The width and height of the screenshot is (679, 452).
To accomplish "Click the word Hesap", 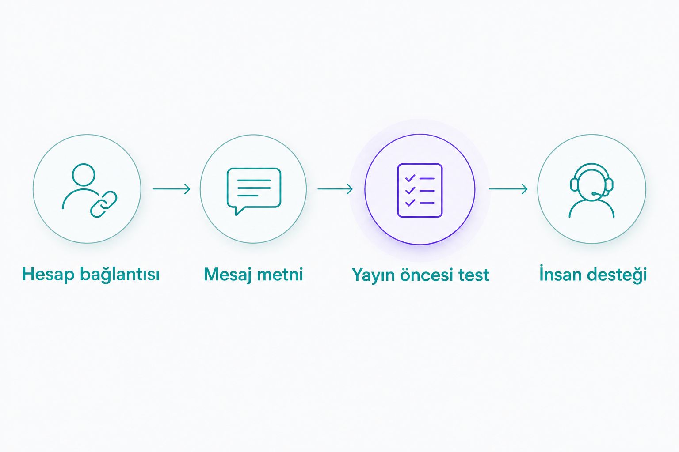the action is (48, 275).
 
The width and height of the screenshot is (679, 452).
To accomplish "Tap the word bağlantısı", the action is (120, 275).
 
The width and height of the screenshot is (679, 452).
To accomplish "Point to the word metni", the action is (280, 275).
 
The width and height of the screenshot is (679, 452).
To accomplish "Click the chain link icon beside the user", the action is (104, 204).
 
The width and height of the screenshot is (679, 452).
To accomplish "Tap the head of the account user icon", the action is (84, 175).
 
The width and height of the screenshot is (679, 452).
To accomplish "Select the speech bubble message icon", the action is (254, 191).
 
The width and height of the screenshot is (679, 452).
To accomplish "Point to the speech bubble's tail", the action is (238, 211).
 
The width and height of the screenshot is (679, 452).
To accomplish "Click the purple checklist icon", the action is (420, 190).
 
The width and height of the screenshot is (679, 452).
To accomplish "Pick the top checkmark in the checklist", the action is (410, 178).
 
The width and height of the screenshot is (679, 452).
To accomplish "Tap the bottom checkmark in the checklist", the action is (410, 203).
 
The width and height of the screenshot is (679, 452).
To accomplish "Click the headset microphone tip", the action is (593, 193).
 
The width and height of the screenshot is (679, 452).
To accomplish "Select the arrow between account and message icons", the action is (171, 189).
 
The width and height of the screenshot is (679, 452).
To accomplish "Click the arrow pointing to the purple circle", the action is (335, 189).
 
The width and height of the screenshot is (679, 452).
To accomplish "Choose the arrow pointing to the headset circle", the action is (508, 189).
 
